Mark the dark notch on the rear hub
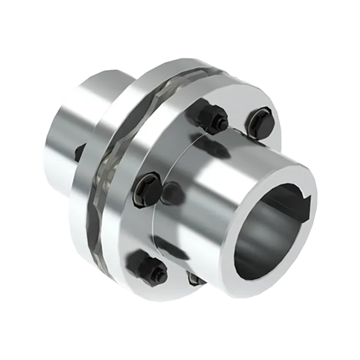[81, 150]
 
